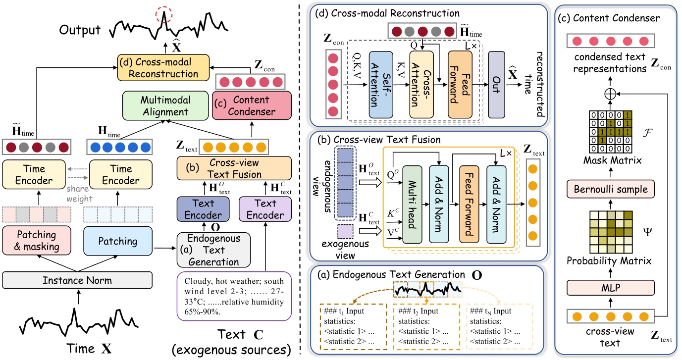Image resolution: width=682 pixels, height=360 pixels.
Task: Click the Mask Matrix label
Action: tap(610, 161)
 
